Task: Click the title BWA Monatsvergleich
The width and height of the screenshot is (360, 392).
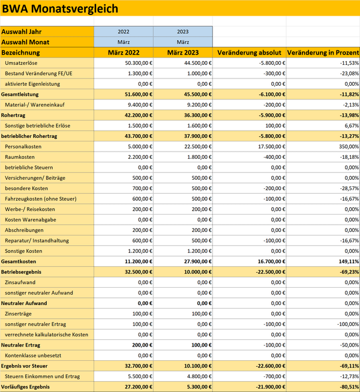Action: [60, 8]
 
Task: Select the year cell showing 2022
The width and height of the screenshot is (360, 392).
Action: [124, 32]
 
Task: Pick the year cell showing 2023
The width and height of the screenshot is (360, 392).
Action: [183, 32]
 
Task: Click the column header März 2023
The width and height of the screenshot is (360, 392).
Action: [183, 53]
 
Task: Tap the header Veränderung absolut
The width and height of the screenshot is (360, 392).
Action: [250, 53]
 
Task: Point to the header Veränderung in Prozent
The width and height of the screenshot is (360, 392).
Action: [323, 53]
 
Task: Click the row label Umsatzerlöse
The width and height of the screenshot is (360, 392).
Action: [21, 63]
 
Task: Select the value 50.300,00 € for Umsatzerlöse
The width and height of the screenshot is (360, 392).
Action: [139, 63]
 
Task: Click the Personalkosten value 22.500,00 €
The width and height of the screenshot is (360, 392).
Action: [198, 146]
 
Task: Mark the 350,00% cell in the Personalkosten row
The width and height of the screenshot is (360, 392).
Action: [349, 146]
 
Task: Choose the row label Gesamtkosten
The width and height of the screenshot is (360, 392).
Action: [19, 261]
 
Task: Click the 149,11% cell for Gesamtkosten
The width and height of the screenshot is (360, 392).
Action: [349, 261]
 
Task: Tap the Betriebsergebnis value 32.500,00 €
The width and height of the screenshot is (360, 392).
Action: [139, 272]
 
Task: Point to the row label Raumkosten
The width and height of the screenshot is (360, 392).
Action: [20, 157]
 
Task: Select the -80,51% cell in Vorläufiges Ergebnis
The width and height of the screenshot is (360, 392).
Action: [349, 387]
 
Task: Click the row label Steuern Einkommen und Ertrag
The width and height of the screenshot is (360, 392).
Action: [42, 376]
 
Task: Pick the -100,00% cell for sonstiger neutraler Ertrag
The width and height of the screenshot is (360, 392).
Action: [348, 324]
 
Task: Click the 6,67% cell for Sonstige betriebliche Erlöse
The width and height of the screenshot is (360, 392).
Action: [352, 126]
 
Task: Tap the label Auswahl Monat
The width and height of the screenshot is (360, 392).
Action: [25, 42]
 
